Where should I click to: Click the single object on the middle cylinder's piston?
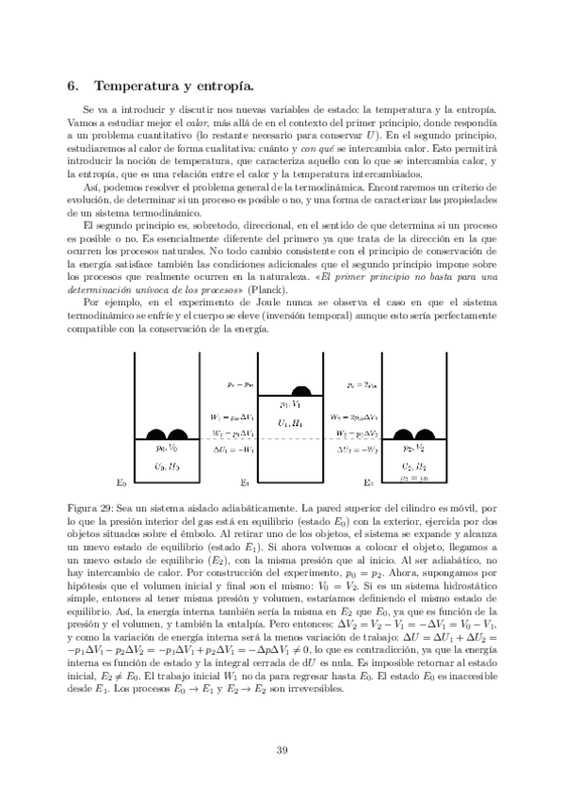click(x=303, y=390)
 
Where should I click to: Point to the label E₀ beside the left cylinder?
click(x=120, y=482)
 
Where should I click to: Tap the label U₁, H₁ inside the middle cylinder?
click(x=291, y=424)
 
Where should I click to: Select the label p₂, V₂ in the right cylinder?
click(x=415, y=448)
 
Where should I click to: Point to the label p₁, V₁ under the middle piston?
click(x=290, y=404)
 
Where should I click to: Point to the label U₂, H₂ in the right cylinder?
click(x=415, y=465)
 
